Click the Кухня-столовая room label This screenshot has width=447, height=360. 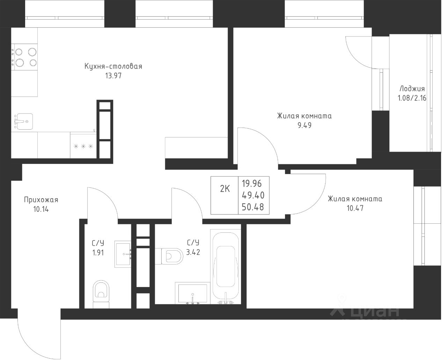tap(113, 66)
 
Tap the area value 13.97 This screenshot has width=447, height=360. tap(113, 76)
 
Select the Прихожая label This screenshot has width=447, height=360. tap(41, 200)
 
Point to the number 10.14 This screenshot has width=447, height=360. tap(41, 209)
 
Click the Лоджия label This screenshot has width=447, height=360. tap(412, 89)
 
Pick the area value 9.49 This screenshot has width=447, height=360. tap(305, 125)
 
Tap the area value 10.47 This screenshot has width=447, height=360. tap(355, 208)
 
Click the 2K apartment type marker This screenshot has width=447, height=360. tap(225, 189)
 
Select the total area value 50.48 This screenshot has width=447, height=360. tap(253, 207)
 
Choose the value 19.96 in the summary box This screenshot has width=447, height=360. tap(252, 183)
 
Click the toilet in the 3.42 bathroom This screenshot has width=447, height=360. tap(169, 257)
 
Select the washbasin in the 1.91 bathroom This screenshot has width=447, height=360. tap(123, 254)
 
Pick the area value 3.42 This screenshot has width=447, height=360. tap(193, 252)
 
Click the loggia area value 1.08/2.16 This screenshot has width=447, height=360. tap(412, 98)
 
